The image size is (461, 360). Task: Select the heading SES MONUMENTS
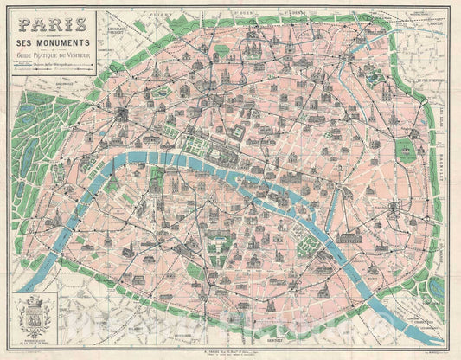pyautogui.click(x=50, y=42)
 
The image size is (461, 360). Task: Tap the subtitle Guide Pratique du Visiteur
pyautogui.click(x=50, y=55)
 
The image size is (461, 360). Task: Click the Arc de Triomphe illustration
pyautogui.click(x=121, y=113)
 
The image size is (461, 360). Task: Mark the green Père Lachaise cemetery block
pyautogui.click(x=406, y=149)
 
